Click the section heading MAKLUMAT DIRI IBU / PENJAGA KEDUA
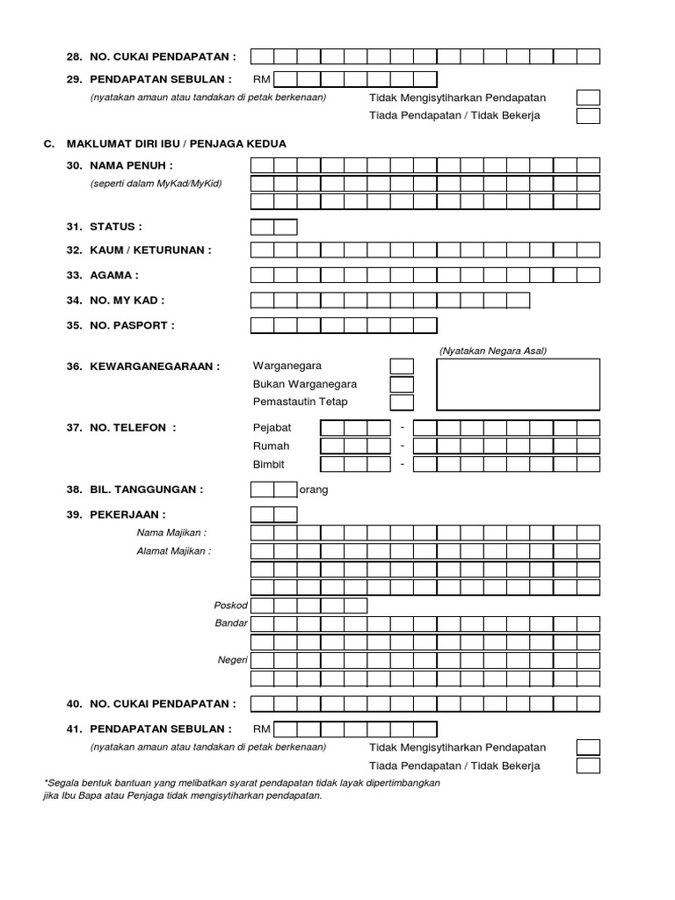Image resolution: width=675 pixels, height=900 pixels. (x=187, y=143)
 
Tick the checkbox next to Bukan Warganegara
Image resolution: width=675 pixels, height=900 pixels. (x=402, y=384)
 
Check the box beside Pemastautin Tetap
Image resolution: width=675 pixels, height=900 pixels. (x=402, y=403)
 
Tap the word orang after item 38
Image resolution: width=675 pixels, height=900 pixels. (x=314, y=490)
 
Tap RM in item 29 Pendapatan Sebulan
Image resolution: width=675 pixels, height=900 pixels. (x=262, y=79)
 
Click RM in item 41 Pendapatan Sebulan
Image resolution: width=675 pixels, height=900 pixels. (x=262, y=729)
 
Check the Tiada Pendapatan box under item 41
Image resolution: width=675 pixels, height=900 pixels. (x=588, y=766)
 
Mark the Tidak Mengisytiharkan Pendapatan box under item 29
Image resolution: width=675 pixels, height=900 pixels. (x=588, y=98)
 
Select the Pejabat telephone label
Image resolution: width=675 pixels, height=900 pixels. (x=272, y=428)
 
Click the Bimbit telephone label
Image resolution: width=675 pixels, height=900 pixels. (x=269, y=464)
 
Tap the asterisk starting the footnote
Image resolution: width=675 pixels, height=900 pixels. (x=45, y=781)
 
